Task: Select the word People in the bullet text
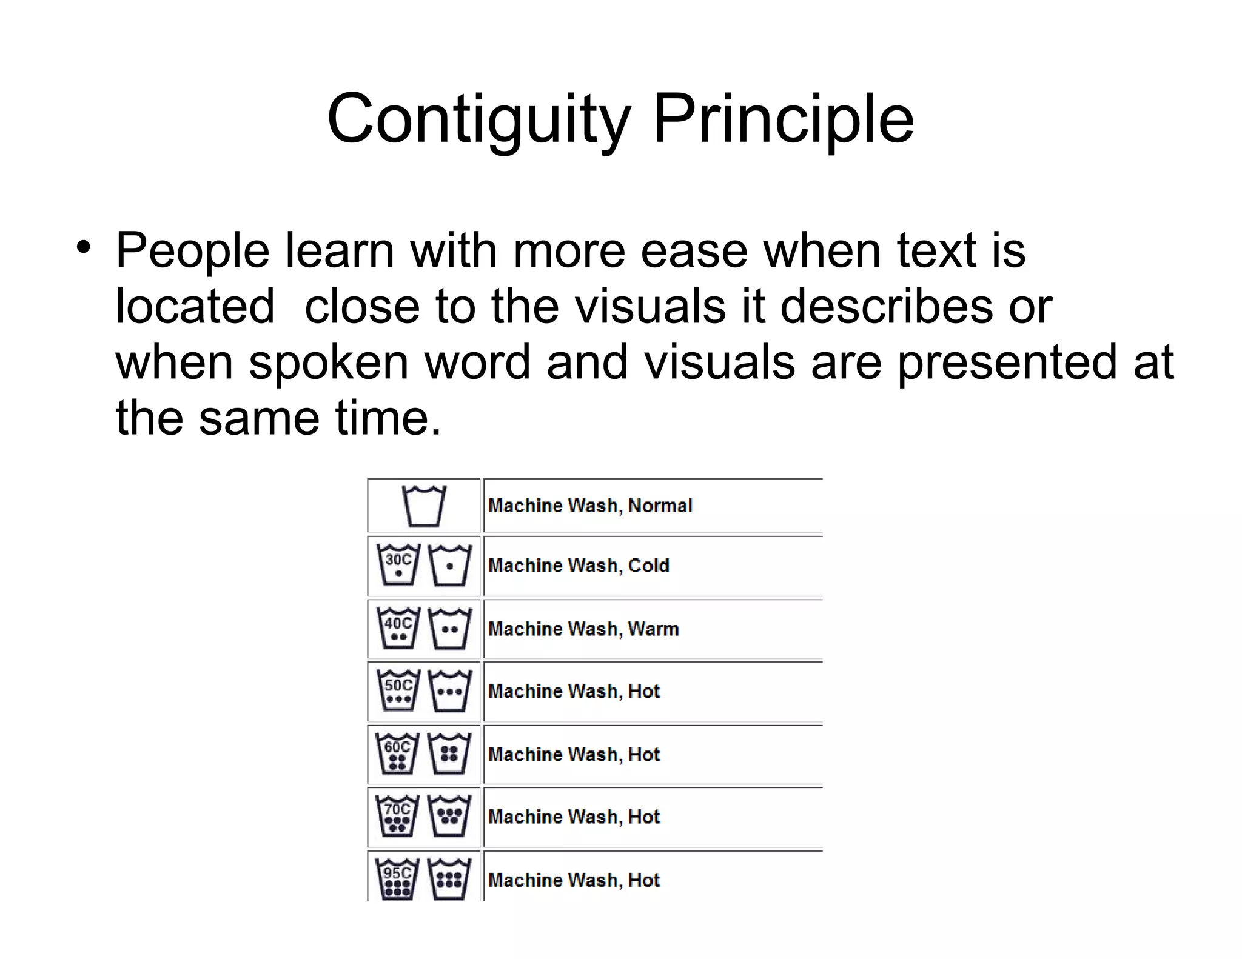pyautogui.click(x=193, y=250)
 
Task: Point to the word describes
pyautogui.click(x=886, y=306)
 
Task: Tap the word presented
pyautogui.click(x=1007, y=363)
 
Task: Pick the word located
pyautogui.click(x=195, y=306)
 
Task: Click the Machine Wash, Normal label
pyautogui.click(x=590, y=506)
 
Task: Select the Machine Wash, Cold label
pyautogui.click(x=579, y=566)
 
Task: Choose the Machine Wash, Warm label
pyautogui.click(x=583, y=629)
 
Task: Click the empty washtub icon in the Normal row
pyautogui.click(x=424, y=506)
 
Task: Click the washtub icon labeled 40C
pyautogui.click(x=398, y=629)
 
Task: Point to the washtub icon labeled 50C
pyautogui.click(x=398, y=691)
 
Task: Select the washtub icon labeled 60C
pyautogui.click(x=398, y=754)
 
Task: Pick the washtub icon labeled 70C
pyautogui.click(x=398, y=817)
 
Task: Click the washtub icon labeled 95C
pyautogui.click(x=398, y=880)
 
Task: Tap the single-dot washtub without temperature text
pyautogui.click(x=449, y=565)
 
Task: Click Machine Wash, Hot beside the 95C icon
pyautogui.click(x=574, y=880)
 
